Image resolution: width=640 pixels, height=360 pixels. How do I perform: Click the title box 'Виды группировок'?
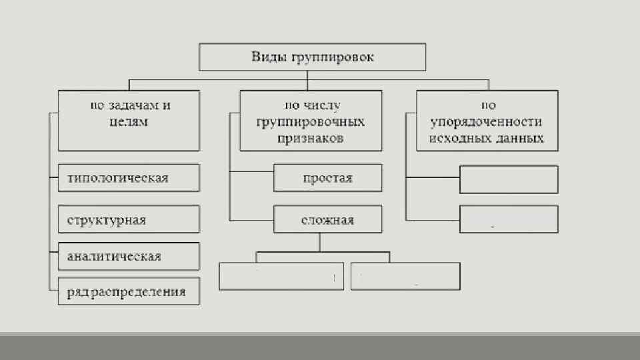pyautogui.click(x=312, y=57)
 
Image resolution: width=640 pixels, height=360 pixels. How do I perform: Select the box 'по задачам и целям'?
pyautogui.click(x=129, y=121)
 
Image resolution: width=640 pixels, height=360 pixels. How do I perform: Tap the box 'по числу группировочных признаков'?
pyautogui.click(x=311, y=121)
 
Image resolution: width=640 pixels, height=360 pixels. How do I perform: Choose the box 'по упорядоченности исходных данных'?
pyautogui.click(x=487, y=121)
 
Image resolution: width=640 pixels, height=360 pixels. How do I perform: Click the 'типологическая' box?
pyautogui.click(x=129, y=178)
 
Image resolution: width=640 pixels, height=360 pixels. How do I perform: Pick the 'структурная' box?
pyautogui.click(x=129, y=219)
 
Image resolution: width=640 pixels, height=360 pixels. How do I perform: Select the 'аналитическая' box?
pyautogui.click(x=129, y=256)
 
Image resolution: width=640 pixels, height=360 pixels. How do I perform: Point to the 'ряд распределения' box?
pyautogui.click(x=129, y=291)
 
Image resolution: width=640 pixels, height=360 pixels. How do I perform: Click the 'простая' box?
pyautogui.click(x=327, y=178)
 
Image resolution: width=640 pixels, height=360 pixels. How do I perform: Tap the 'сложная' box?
pyautogui.click(x=327, y=219)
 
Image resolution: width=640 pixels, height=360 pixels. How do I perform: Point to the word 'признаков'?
pyautogui.click(x=312, y=139)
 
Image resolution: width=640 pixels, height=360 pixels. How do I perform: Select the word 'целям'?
pyautogui.click(x=129, y=122)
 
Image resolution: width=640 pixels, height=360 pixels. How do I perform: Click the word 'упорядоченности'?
pyautogui.click(x=486, y=122)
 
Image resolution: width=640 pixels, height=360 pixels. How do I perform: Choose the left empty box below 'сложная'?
pyautogui.click(x=281, y=276)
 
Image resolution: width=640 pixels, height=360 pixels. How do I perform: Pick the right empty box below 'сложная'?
pyautogui.click(x=405, y=276)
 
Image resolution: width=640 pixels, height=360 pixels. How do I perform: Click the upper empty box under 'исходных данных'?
pyautogui.click(x=509, y=179)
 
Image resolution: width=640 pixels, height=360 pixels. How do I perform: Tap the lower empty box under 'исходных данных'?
pyautogui.click(x=509, y=219)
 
